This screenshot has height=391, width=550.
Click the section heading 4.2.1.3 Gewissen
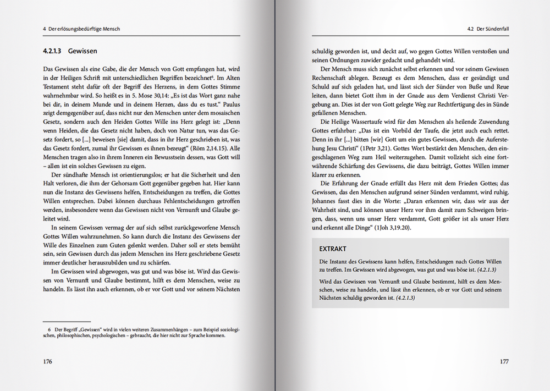(70, 51)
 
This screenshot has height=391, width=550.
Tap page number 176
(47, 361)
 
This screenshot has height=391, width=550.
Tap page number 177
(503, 361)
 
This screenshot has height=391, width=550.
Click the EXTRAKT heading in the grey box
(333, 249)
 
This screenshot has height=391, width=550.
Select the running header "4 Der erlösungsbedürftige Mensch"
(81, 29)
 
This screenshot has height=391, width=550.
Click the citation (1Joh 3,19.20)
(387, 227)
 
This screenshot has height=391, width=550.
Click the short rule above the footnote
(59, 321)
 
